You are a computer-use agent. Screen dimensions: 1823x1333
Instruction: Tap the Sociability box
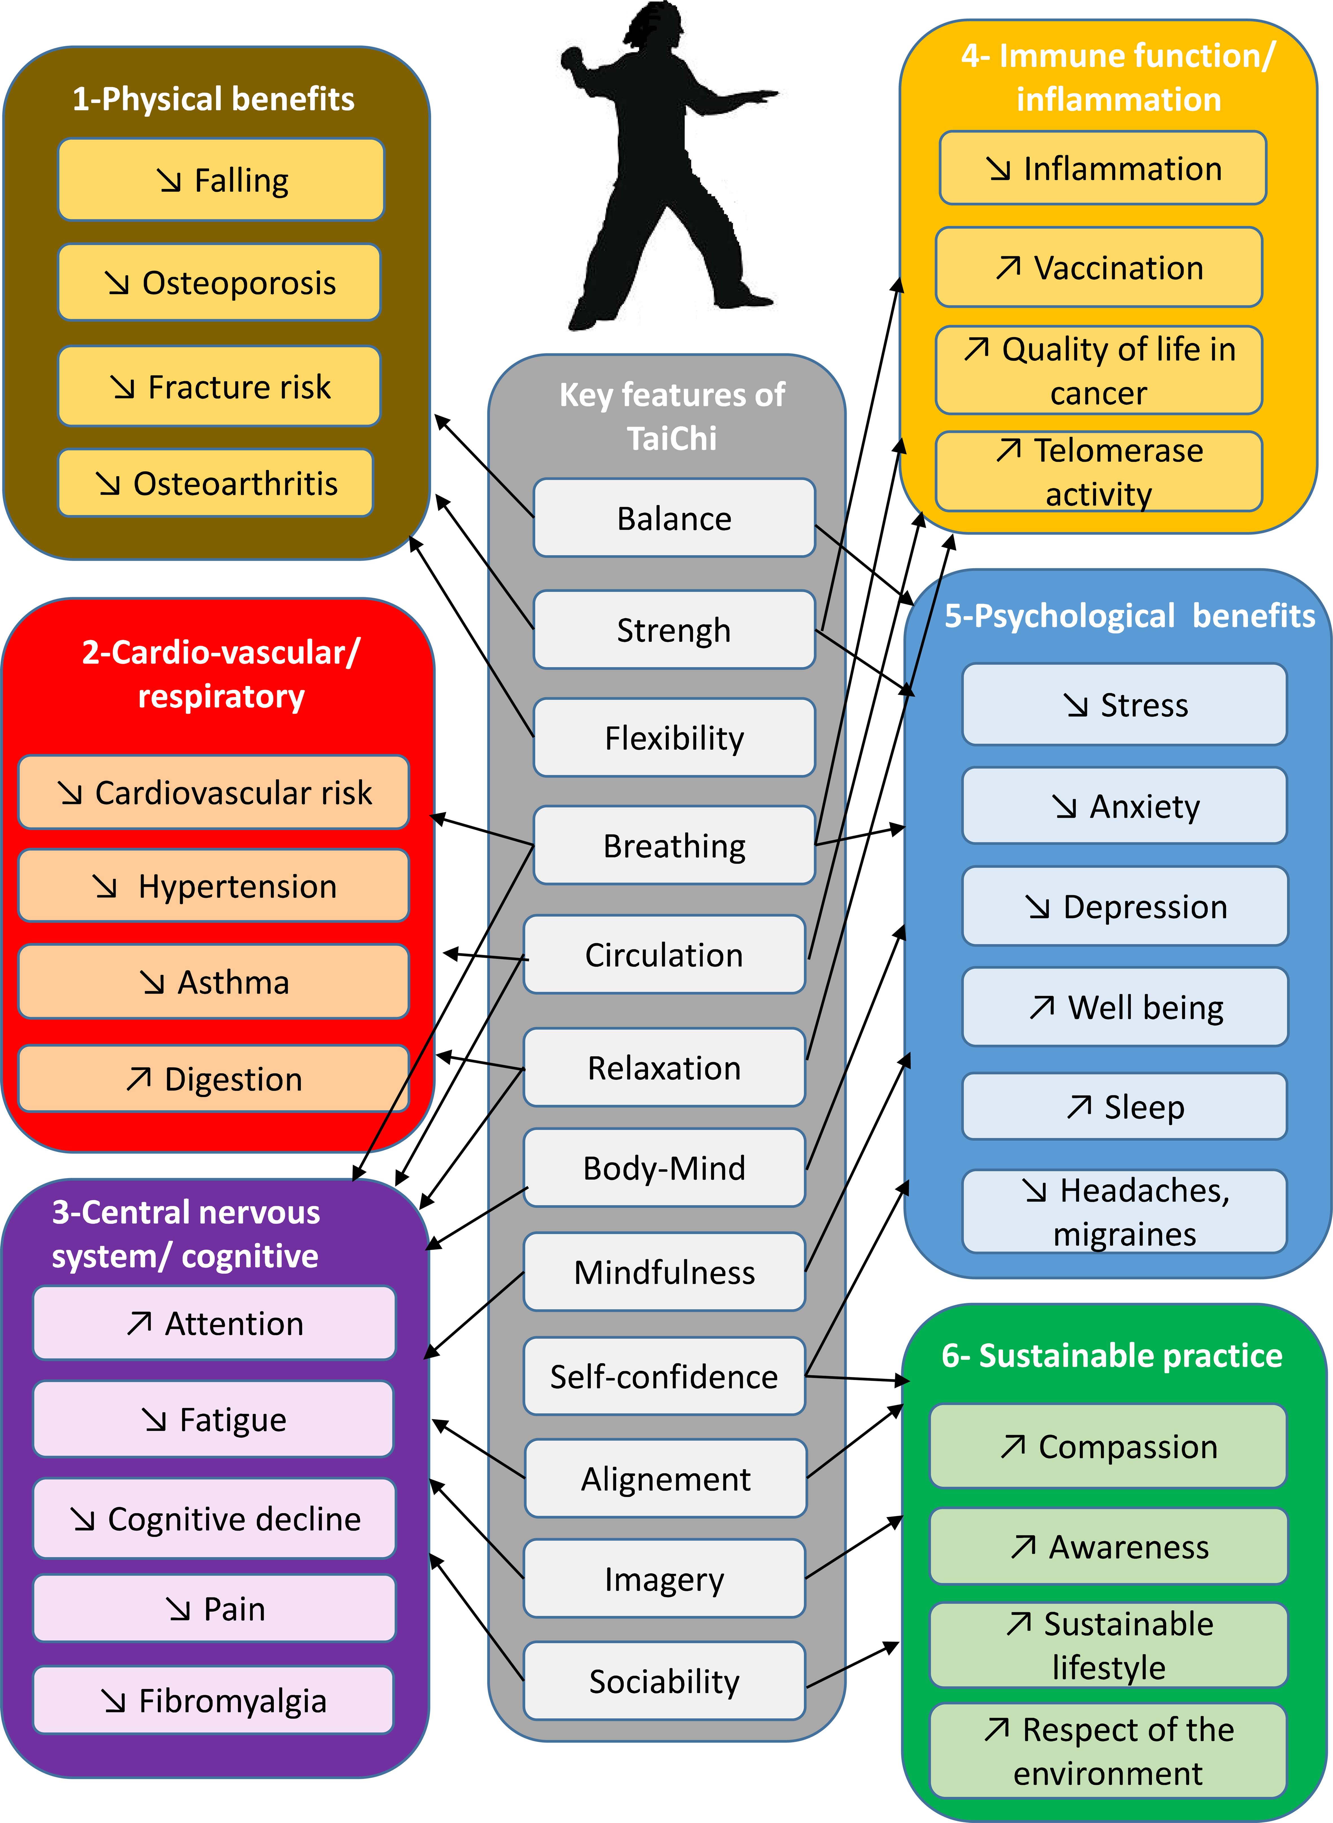click(x=664, y=1681)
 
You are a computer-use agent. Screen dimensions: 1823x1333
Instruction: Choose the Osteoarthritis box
click(x=216, y=483)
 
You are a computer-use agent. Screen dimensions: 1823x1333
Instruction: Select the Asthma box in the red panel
click(x=214, y=982)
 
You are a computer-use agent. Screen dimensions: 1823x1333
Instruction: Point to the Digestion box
click(x=214, y=1078)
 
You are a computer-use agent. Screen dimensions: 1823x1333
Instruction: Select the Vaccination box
click(x=1099, y=267)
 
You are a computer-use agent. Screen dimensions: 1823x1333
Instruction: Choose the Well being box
click(x=1125, y=1007)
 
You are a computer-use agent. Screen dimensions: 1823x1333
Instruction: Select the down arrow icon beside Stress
click(x=1076, y=705)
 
